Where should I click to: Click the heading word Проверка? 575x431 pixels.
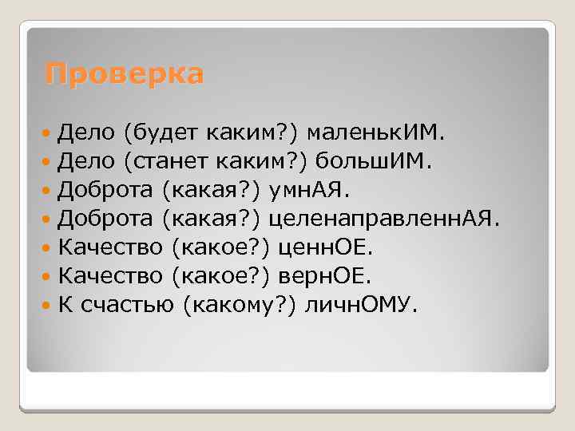125,74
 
